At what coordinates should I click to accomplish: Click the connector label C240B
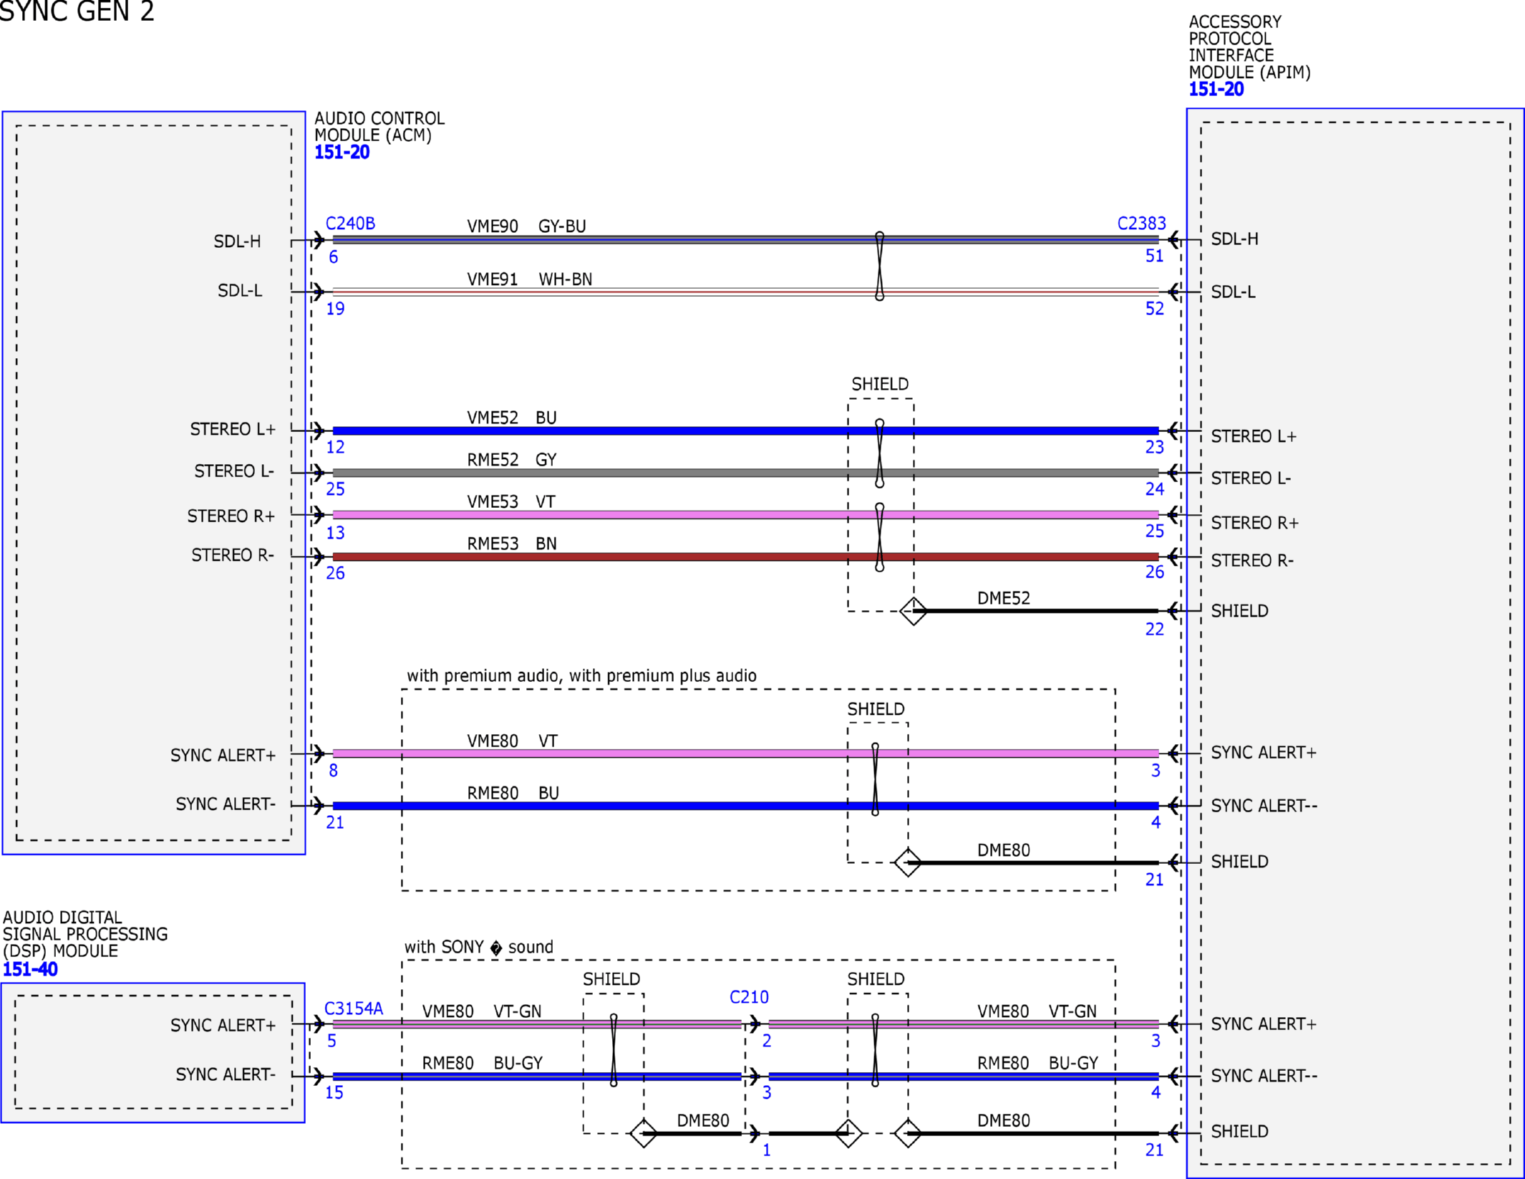[x=350, y=223]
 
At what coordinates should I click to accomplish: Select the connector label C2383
[x=1141, y=223]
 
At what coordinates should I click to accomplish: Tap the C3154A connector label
[x=354, y=1009]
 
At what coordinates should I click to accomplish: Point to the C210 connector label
[x=749, y=997]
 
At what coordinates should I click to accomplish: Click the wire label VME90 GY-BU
[x=526, y=226]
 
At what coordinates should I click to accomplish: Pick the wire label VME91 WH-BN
[x=530, y=279]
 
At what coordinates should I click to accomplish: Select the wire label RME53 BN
[x=512, y=544]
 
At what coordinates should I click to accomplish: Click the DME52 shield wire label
[x=1004, y=598]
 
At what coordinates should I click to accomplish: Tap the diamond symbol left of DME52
[x=913, y=611]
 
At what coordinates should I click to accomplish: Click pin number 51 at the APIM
[x=1154, y=256]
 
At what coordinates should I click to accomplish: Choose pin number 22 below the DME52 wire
[x=1154, y=629]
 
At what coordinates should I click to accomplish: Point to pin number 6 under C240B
[x=333, y=257]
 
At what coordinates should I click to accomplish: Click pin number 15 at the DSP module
[x=334, y=1092]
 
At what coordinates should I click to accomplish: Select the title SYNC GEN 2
[x=77, y=11]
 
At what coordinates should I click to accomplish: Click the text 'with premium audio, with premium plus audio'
[x=581, y=675]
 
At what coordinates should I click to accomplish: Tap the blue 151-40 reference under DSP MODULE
[x=30, y=969]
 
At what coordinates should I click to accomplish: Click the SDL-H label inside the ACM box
[x=237, y=241]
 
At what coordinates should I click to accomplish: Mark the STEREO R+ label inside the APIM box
[x=1254, y=523]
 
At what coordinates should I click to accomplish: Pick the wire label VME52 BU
[x=512, y=418]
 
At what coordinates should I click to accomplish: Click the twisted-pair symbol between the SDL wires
[x=879, y=266]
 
